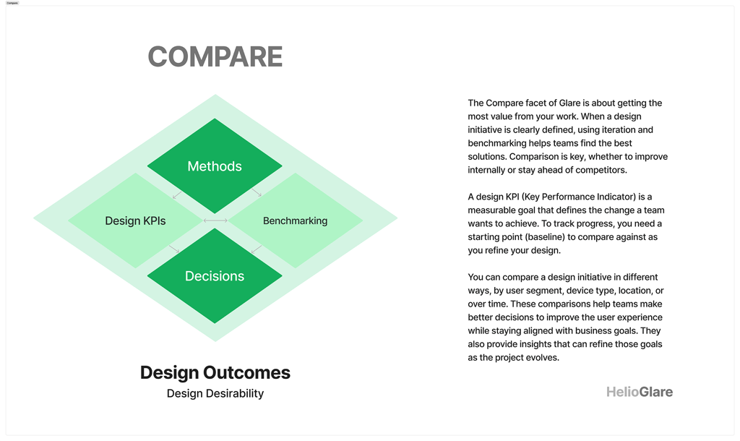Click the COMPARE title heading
coord(215,56)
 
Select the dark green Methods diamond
coord(215,166)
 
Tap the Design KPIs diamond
coord(135,220)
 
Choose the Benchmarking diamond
coord(295,220)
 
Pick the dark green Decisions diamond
coord(215,275)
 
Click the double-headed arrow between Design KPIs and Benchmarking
coord(215,220)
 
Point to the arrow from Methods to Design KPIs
coord(177,194)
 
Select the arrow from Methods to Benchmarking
coord(257,192)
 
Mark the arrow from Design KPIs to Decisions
coord(174,249)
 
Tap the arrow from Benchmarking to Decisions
coord(257,249)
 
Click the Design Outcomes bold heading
coord(215,372)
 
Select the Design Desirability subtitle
coord(215,393)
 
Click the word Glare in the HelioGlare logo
coord(656,392)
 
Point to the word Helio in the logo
coord(622,392)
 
